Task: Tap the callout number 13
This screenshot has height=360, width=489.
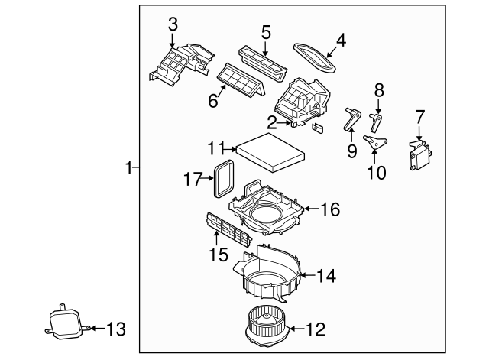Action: [x=115, y=329]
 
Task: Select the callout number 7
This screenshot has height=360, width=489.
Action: [x=419, y=116]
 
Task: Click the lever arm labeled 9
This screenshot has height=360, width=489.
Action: [x=352, y=121]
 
